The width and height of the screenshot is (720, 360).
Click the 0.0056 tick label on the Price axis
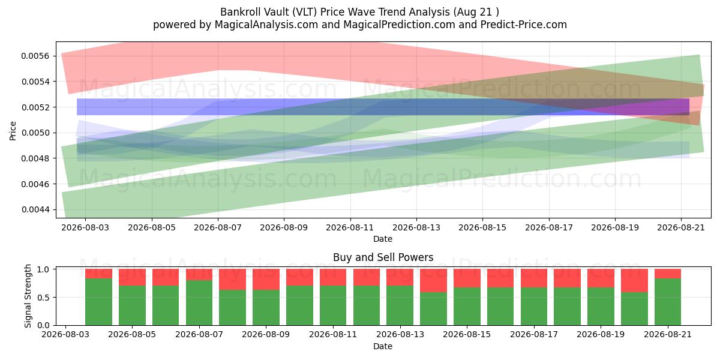pyautogui.click(x=35, y=56)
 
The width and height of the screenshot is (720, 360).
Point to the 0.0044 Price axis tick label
pyautogui.click(x=35, y=209)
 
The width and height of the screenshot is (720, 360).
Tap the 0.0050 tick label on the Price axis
pyautogui.click(x=35, y=133)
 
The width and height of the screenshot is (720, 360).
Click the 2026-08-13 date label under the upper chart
pyautogui.click(x=416, y=227)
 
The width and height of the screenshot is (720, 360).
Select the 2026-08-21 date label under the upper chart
pyautogui.click(x=681, y=227)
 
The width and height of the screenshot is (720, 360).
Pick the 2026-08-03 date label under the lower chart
pyautogui.click(x=65, y=334)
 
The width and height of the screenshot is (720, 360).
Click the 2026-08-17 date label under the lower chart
pyautogui.click(x=534, y=334)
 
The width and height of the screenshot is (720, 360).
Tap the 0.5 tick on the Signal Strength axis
pyautogui.click(x=43, y=298)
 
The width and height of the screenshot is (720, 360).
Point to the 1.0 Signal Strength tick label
pyautogui.click(x=43, y=269)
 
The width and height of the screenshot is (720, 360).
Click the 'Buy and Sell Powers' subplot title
pyautogui.click(x=383, y=257)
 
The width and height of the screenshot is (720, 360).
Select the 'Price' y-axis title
pyautogui.click(x=13, y=131)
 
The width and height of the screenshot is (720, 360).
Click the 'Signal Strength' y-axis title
pyautogui.click(x=28, y=296)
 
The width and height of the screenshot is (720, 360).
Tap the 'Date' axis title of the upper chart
pyautogui.click(x=383, y=239)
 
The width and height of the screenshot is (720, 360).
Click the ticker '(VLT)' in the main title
pyautogui.click(x=304, y=12)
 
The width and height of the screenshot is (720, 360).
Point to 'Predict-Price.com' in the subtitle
pyautogui.click(x=524, y=25)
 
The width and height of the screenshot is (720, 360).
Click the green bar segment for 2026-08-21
pyautogui.click(x=668, y=302)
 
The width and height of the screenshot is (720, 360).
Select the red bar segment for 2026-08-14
pyautogui.click(x=433, y=281)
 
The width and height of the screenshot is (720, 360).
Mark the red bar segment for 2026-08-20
pyautogui.click(x=634, y=281)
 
